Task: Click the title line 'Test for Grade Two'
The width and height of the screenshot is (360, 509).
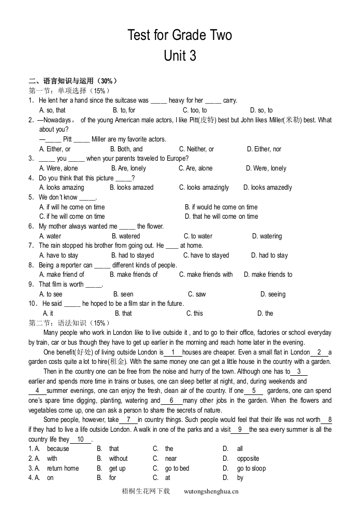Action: point(180,35)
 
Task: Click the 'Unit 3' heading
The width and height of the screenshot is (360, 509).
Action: point(180,55)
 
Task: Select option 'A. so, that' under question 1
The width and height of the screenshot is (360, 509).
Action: point(52,110)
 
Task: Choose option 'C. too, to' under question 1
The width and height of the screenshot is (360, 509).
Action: point(195,110)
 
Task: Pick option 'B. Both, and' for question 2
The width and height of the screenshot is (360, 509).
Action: point(127,149)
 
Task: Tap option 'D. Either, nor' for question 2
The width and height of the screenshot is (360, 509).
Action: point(264,149)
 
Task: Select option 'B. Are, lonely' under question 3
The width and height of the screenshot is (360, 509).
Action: point(128,168)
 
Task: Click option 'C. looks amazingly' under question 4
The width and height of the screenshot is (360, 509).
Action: point(204,188)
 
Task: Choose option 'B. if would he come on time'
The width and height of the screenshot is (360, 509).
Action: point(221,207)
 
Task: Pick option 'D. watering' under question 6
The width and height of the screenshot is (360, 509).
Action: point(267,236)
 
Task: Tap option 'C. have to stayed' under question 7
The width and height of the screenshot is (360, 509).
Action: point(206,256)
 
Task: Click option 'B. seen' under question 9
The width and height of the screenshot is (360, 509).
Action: point(123,294)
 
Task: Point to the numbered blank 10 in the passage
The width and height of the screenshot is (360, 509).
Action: point(80,440)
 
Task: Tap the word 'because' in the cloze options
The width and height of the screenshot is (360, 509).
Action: point(58,449)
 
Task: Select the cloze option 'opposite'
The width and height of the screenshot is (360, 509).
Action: point(248,459)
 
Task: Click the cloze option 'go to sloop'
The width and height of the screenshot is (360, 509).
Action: point(251,469)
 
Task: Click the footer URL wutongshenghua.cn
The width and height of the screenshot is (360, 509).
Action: point(211,491)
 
